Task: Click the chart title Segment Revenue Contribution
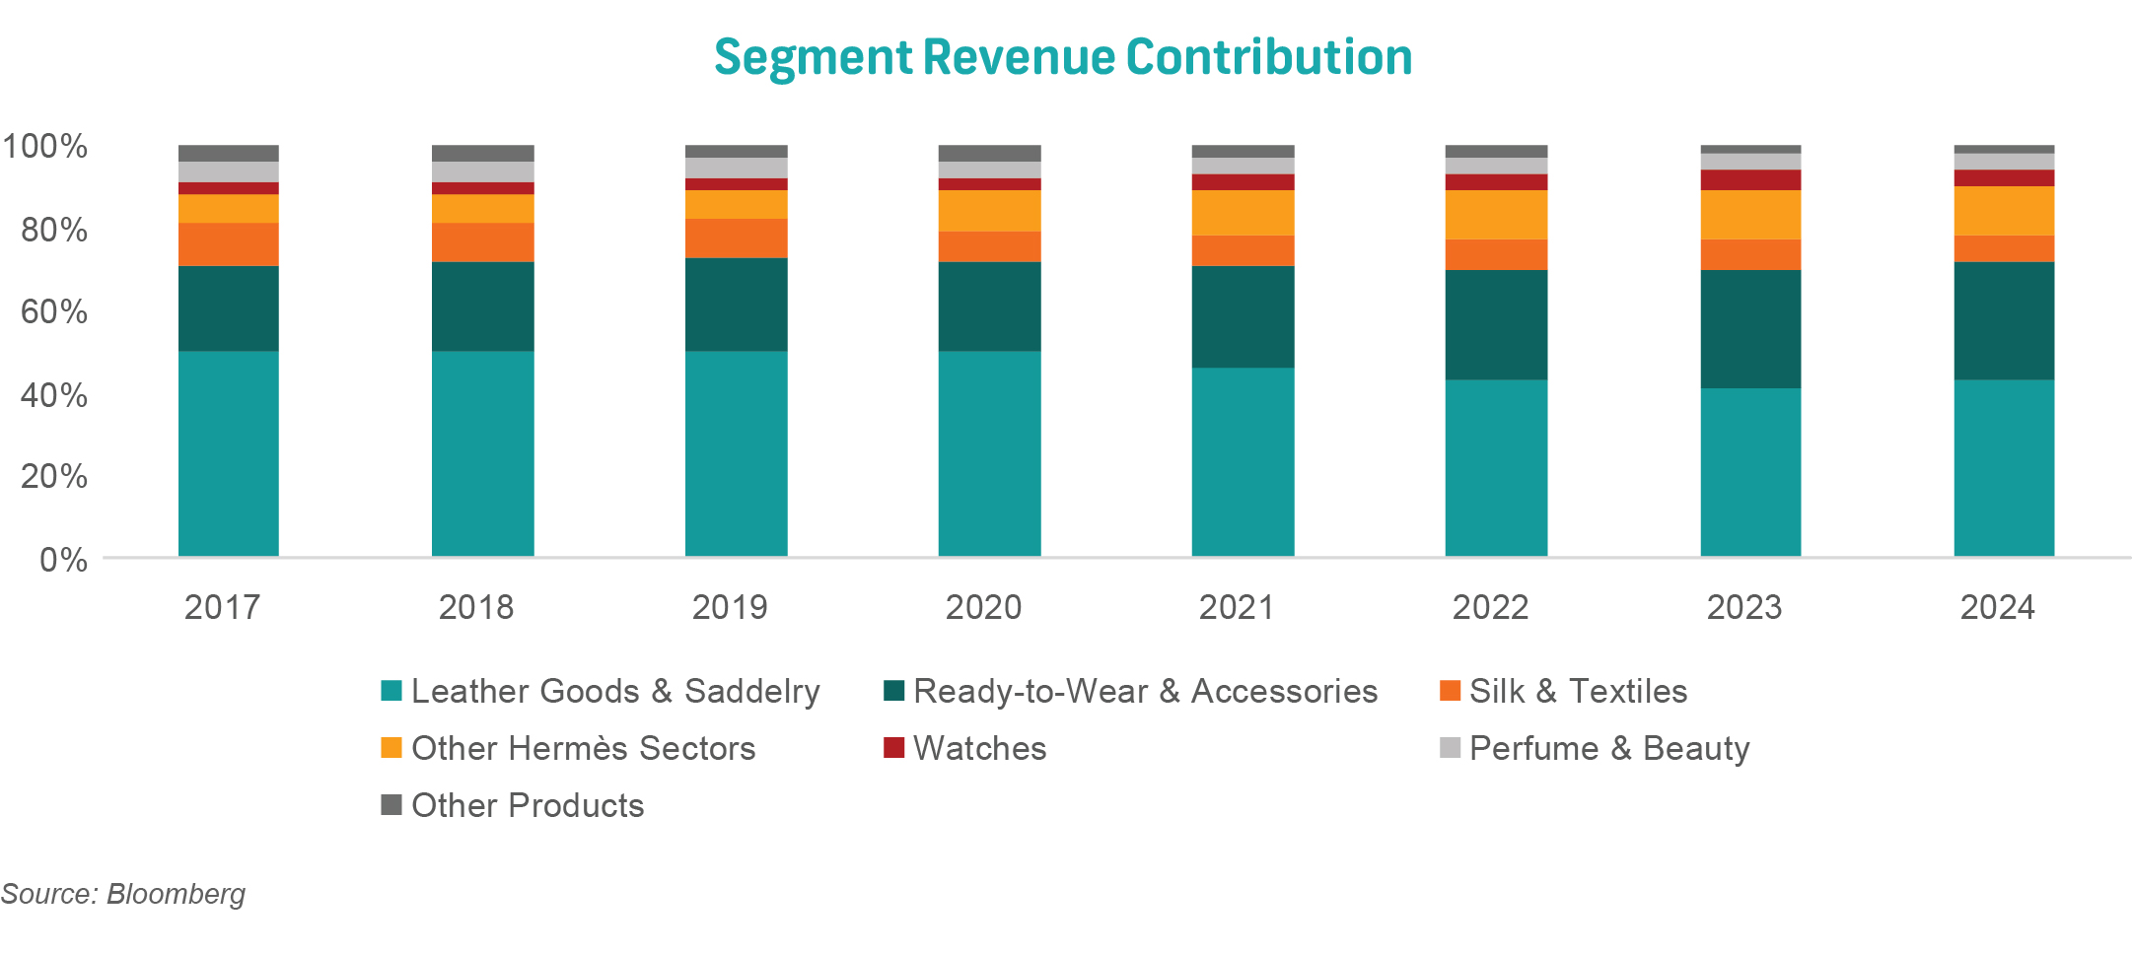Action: [1063, 57]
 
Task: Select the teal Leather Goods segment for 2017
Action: [229, 453]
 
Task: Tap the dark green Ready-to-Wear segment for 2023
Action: [1750, 328]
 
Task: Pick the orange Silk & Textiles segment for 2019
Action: [737, 238]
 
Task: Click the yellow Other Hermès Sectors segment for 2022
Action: [1496, 214]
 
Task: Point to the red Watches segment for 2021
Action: [1243, 182]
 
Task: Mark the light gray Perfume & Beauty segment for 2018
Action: [483, 171]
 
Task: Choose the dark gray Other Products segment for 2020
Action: [989, 153]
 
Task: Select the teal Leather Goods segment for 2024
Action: [2004, 468]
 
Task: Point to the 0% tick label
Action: [63, 561]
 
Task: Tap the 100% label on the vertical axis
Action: [44, 147]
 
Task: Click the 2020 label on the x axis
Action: [983, 607]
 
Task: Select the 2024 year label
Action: [1997, 607]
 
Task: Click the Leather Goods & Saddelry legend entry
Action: [614, 692]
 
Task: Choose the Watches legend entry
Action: [978, 749]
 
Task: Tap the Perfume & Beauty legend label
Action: [1608, 749]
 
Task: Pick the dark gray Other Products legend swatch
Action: [391, 805]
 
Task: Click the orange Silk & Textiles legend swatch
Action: [1450, 691]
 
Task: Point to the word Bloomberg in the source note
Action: [176, 894]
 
